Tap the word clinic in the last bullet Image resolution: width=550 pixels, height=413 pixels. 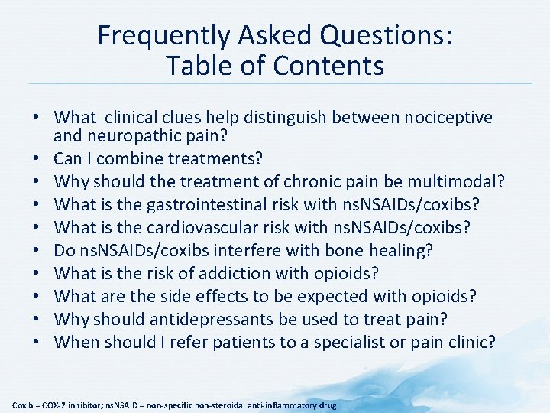467,343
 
